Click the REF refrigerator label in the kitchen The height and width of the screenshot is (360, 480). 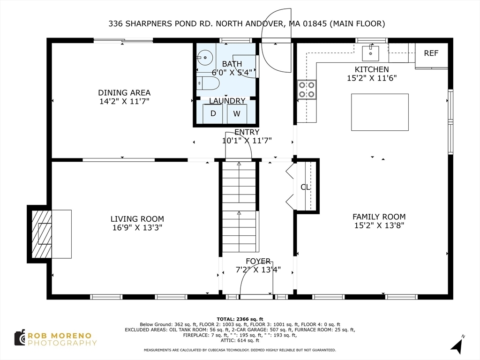point(431,53)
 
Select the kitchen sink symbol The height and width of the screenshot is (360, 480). point(374,51)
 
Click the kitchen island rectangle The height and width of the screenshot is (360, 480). point(380,112)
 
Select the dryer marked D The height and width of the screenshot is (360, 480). point(213,113)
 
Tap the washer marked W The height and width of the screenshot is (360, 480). point(237,113)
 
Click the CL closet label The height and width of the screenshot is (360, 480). point(305,187)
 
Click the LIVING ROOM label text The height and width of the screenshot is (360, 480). point(137,219)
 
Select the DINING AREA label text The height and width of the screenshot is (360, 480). point(124,93)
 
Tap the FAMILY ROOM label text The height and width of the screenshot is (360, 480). point(379,217)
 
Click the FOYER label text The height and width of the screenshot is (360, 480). point(258,261)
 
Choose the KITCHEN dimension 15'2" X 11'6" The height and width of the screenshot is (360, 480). point(372,78)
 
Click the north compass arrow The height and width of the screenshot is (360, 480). point(457,345)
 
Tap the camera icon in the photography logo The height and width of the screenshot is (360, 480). point(20,337)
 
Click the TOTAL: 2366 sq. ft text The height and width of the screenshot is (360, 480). point(240,318)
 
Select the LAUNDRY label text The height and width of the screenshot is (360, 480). point(227,101)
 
